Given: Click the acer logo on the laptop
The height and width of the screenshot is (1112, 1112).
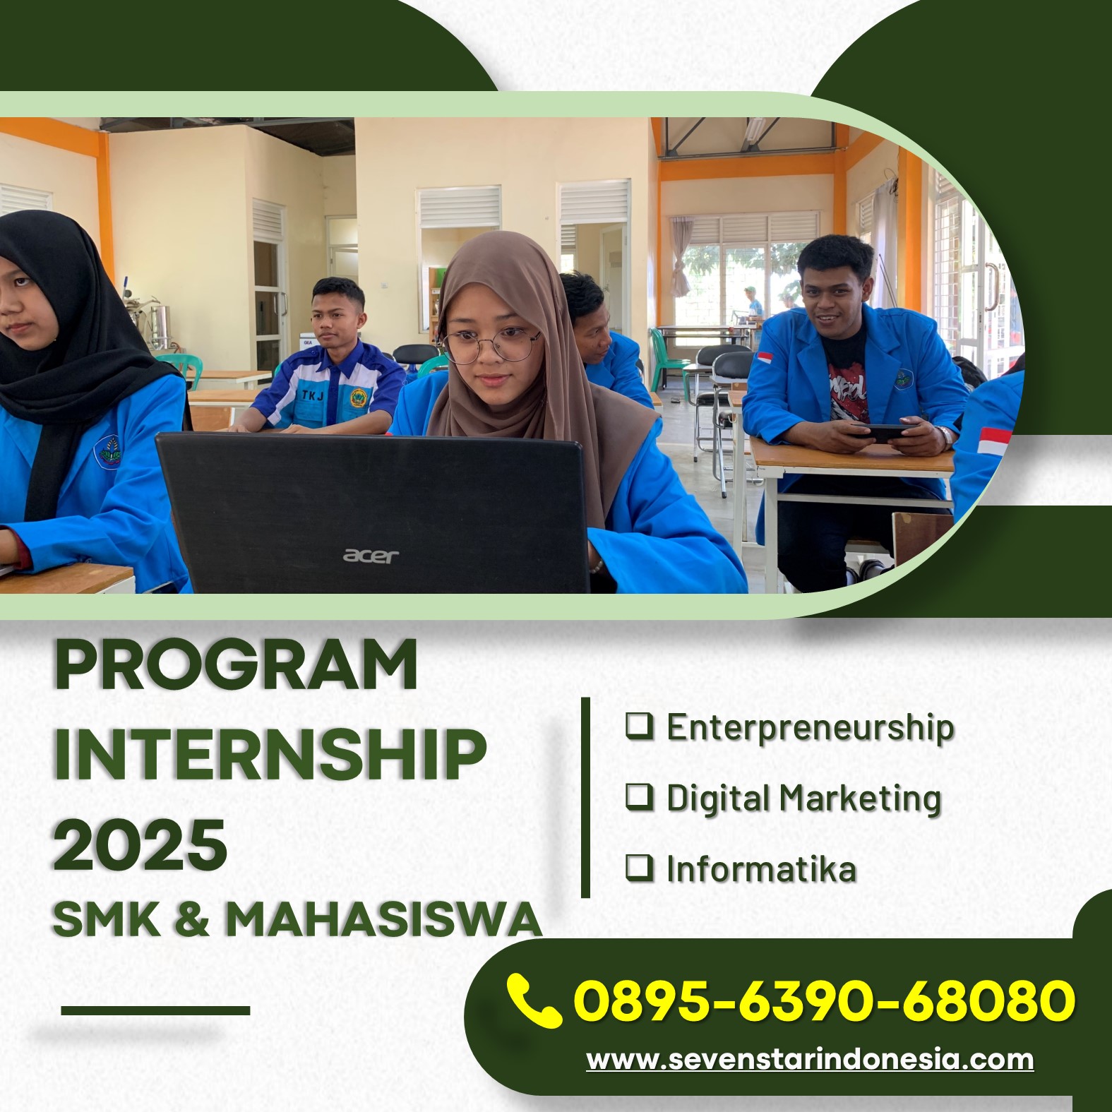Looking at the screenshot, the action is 371,556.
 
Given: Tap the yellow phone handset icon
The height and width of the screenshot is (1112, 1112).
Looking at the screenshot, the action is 534,1000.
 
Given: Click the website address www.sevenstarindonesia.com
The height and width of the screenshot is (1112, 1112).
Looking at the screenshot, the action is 810,1060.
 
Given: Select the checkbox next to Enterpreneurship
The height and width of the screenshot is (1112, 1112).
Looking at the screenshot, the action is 640,726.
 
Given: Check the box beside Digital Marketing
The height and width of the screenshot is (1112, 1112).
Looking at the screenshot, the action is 640,796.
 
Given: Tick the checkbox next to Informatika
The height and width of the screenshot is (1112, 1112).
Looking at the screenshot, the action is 640,867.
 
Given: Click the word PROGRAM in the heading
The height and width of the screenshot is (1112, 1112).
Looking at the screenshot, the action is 236,665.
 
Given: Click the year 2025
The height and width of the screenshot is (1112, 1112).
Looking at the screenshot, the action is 141,844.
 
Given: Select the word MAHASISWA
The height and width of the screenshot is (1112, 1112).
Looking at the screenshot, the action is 383,919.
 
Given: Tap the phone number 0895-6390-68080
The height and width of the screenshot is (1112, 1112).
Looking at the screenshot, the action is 825,1000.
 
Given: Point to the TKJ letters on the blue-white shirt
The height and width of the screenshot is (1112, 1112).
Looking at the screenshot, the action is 313,395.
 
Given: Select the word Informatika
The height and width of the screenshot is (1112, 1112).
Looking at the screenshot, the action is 761,868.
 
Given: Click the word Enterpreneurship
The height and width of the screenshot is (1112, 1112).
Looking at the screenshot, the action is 811,728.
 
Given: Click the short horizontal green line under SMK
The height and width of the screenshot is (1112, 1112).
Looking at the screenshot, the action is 155,1010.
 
